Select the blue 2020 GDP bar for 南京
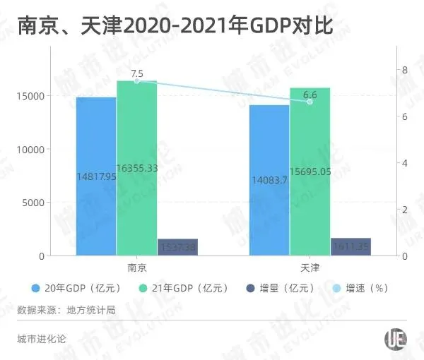[x=96, y=176]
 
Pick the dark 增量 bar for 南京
[x=177, y=247]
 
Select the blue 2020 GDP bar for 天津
[x=269, y=180]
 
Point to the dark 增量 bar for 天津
[x=351, y=247]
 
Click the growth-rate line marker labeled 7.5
[x=137, y=81]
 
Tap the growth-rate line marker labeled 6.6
[x=310, y=102]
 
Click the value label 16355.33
[x=137, y=169]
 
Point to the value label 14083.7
[x=269, y=180]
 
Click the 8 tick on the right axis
[x=404, y=70]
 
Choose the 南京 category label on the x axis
[x=137, y=268]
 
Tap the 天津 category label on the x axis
[x=310, y=268]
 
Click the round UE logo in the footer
[x=395, y=339]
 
